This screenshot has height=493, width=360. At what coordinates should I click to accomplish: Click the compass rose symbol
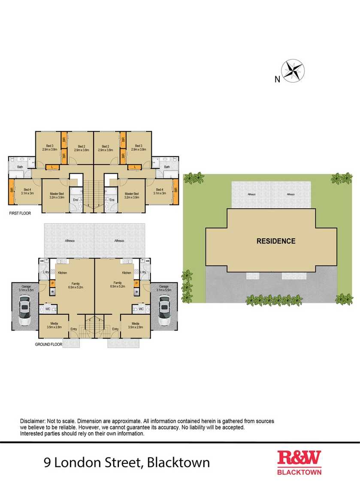[293, 70]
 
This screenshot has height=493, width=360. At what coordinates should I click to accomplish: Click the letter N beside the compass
[277, 78]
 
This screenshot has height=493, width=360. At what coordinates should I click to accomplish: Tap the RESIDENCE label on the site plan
[276, 241]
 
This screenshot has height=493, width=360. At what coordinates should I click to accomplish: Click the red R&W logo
[299, 458]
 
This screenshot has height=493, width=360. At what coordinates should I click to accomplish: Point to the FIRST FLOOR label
[20, 213]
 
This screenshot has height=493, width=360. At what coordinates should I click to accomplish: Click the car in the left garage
[25, 313]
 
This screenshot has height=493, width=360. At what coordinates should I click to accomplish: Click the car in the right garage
[163, 313]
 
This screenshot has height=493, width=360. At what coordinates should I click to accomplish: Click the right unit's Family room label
[117, 283]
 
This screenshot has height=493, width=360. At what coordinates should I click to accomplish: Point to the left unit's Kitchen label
[62, 273]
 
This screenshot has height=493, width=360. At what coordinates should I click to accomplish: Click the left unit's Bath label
[20, 167]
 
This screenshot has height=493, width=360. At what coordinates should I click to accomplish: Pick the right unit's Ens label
[112, 200]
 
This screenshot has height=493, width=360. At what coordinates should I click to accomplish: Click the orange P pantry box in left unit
[52, 283]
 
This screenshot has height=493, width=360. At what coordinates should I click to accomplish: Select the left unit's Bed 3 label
[50, 147]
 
